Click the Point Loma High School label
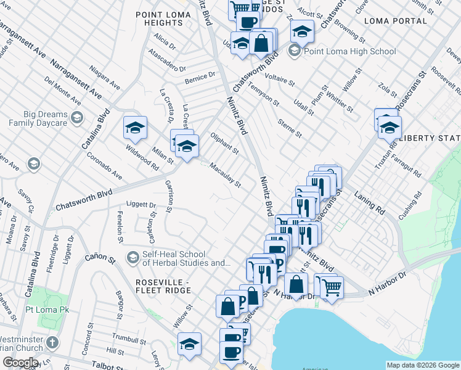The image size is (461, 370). click(x=350, y=52)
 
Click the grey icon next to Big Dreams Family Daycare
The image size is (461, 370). click(x=78, y=118)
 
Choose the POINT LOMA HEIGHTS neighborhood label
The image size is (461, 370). click(x=159, y=18)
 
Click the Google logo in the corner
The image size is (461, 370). click(x=20, y=362)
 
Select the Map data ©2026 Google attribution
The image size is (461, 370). click(x=422, y=365)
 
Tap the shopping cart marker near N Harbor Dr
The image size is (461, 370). click(x=332, y=286)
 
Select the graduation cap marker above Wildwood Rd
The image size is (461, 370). click(x=135, y=128)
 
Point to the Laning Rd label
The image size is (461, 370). click(x=370, y=202)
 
